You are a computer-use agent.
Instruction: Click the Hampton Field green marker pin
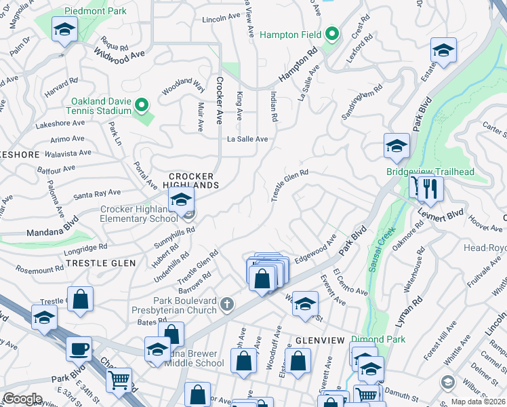click(331, 33)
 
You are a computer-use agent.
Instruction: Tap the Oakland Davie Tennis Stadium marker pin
click(141, 104)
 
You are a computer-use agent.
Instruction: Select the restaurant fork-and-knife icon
click(428, 188)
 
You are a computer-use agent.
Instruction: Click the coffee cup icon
click(79, 349)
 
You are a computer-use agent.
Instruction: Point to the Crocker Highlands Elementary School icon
click(181, 199)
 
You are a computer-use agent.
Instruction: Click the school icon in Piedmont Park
click(64, 29)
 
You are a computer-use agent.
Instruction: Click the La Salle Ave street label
click(247, 139)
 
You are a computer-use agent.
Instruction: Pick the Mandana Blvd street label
click(53, 228)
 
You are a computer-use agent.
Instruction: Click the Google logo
click(22, 398)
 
